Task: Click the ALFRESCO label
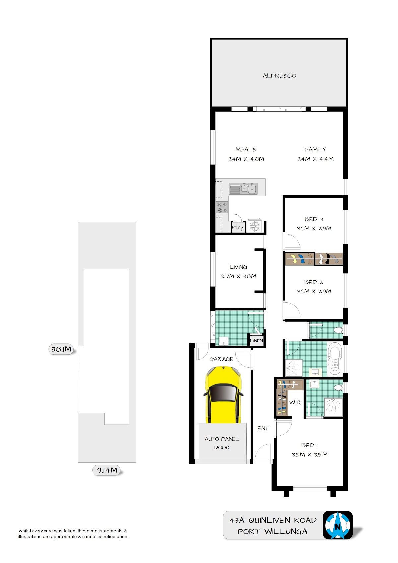click(279, 76)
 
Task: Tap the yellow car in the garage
click(223, 395)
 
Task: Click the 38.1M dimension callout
click(61, 349)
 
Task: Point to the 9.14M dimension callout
click(107, 470)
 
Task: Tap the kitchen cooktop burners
click(222, 207)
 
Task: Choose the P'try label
click(237, 228)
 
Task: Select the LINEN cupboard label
click(256, 341)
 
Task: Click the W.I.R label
click(295, 403)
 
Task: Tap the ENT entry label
click(263, 428)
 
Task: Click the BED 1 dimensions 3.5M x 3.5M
click(309, 455)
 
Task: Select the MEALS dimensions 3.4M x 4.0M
click(246, 159)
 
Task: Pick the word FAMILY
click(315, 150)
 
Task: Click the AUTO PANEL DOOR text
click(222, 443)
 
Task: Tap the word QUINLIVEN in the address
click(269, 520)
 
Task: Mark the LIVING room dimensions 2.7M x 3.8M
click(239, 276)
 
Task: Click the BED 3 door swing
click(292, 241)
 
